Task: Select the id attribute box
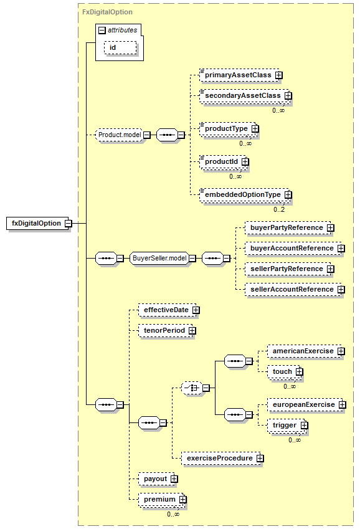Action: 120,47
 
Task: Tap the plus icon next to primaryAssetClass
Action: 278,75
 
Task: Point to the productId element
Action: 224,162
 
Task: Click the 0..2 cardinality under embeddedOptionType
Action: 279,209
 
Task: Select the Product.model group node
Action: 120,135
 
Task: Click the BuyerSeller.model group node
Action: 159,259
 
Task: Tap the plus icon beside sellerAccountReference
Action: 341,290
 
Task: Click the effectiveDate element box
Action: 169,310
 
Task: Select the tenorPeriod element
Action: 167,331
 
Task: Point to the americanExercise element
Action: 306,351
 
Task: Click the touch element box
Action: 285,372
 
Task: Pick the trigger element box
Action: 288,426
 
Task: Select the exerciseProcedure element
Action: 223,459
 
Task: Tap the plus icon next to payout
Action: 174,479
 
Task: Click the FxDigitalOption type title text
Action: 107,12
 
